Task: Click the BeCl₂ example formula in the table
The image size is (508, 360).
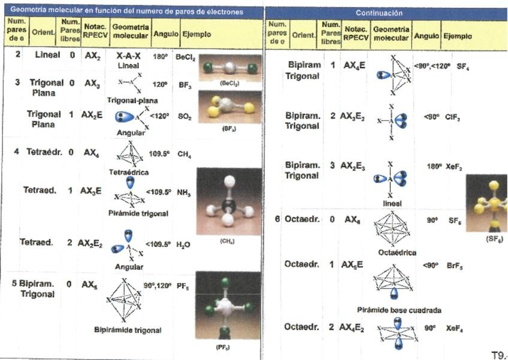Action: click(186, 56)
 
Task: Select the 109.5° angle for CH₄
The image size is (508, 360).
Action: click(160, 154)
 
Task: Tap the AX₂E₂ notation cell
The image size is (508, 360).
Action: click(92, 243)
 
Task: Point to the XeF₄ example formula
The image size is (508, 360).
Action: click(455, 329)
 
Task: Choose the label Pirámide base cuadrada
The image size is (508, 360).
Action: click(398, 310)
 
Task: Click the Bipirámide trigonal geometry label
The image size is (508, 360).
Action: click(128, 330)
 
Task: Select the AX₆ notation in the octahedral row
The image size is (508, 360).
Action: click(352, 220)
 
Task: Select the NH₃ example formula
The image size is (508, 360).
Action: click(185, 192)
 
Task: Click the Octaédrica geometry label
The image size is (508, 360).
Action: click(397, 253)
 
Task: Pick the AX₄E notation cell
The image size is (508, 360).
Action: click(354, 65)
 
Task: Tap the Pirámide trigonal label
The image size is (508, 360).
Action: click(138, 213)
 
